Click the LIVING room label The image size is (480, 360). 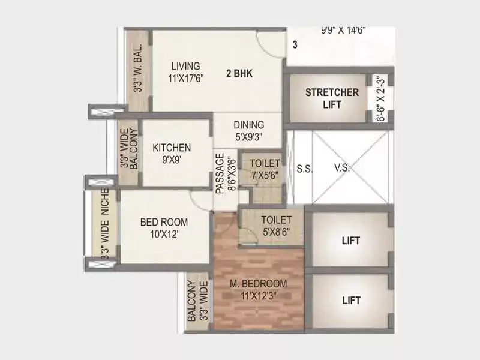click(185, 66)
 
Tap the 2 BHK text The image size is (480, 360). click(239, 74)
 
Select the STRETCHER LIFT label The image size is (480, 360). click(332, 98)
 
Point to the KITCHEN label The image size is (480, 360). click(172, 148)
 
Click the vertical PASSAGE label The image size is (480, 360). click(220, 173)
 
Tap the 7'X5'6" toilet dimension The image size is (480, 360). click(265, 175)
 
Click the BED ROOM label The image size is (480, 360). click(164, 222)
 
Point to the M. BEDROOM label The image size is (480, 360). click(259, 284)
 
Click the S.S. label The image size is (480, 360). click(304, 169)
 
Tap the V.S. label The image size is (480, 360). click(342, 169)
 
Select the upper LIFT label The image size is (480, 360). click(351, 241)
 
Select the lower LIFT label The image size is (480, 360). click(351, 299)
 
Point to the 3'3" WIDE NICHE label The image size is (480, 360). click(104, 224)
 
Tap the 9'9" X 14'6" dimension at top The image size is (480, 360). click(343, 28)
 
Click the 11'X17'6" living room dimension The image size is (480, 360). click(187, 78)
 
